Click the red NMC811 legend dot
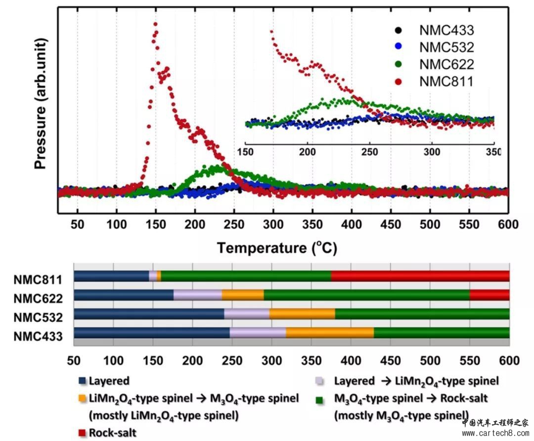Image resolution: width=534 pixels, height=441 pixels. click(x=400, y=81)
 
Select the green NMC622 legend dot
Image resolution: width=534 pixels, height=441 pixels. click(x=400, y=64)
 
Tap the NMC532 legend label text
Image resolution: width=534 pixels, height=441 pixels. click(x=446, y=47)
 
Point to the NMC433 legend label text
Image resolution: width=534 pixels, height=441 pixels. click(x=446, y=31)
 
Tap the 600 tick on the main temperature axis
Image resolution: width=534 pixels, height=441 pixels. click(x=507, y=225)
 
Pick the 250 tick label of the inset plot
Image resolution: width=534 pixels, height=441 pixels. click(x=369, y=150)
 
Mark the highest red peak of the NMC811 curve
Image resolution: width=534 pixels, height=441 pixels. click(x=156, y=24)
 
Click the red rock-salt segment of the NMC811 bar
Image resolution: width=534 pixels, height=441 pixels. click(x=420, y=276)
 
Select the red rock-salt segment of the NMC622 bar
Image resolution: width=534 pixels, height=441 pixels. click(x=489, y=295)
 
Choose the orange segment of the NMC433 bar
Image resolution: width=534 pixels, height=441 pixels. click(x=330, y=333)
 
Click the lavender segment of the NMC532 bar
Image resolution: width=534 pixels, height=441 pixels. click(x=247, y=314)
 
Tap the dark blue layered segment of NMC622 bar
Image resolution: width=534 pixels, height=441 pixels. click(x=124, y=295)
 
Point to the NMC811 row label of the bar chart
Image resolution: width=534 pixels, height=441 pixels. click(x=38, y=279)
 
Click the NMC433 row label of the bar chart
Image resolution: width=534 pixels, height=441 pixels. click(x=38, y=337)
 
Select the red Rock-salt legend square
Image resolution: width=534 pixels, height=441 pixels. click(x=83, y=433)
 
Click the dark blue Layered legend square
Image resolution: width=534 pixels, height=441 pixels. click(x=83, y=381)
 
